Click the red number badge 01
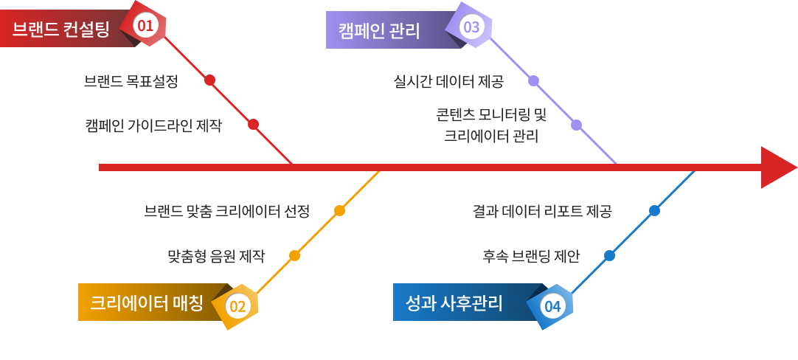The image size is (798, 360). click(x=145, y=27)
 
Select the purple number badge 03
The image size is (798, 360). click(x=471, y=28)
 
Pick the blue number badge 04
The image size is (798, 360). click(x=552, y=305)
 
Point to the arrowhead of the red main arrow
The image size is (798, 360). click(x=777, y=167)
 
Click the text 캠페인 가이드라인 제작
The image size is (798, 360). click(x=153, y=125)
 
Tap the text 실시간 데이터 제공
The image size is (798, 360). click(x=448, y=81)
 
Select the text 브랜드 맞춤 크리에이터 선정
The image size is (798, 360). click(x=227, y=211)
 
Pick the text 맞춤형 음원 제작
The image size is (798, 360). click(x=216, y=256)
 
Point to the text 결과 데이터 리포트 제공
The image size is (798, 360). click(x=542, y=211)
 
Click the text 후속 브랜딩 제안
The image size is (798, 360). click(x=531, y=256)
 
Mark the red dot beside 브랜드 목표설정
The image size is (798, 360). click(x=209, y=80)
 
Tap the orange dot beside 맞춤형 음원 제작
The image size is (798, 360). click(x=294, y=256)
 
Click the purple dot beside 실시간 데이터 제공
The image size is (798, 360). click(x=533, y=80)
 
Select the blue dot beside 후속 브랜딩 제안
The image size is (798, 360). click(x=609, y=256)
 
